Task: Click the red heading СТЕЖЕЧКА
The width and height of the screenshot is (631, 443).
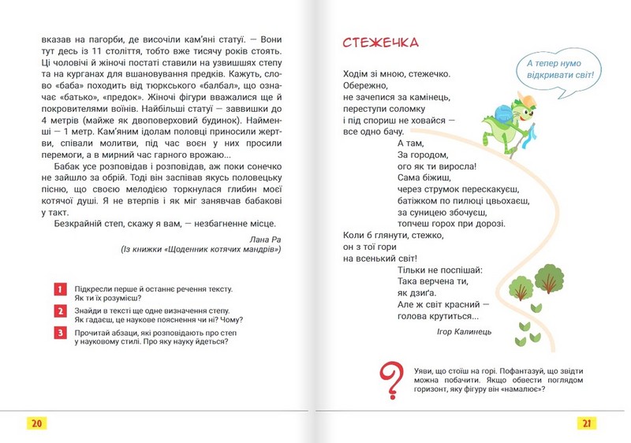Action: coord(381,42)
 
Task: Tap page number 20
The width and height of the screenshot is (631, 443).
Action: coord(36,423)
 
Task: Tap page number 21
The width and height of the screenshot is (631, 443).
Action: coord(587,423)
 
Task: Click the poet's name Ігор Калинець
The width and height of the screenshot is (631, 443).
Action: coord(464,332)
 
